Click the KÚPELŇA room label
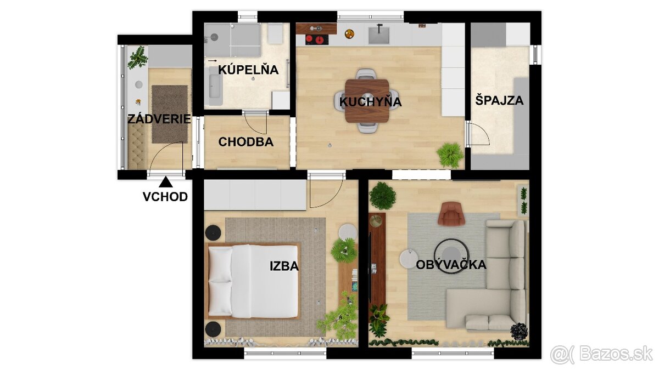tap(248, 70)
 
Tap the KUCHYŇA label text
tap(370, 101)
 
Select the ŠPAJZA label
tap(499, 100)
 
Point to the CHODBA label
tap(246, 142)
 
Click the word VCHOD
tap(165, 197)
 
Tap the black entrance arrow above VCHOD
tap(166, 182)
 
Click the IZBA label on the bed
tap(284, 266)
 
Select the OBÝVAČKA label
tap(451, 265)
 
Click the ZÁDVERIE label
tap(159, 119)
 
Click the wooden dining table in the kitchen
tap(367, 101)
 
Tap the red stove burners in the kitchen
tap(316, 39)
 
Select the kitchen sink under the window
tap(379, 35)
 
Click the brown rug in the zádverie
tap(170, 114)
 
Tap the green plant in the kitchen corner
tap(450, 155)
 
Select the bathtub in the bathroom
tap(215, 86)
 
